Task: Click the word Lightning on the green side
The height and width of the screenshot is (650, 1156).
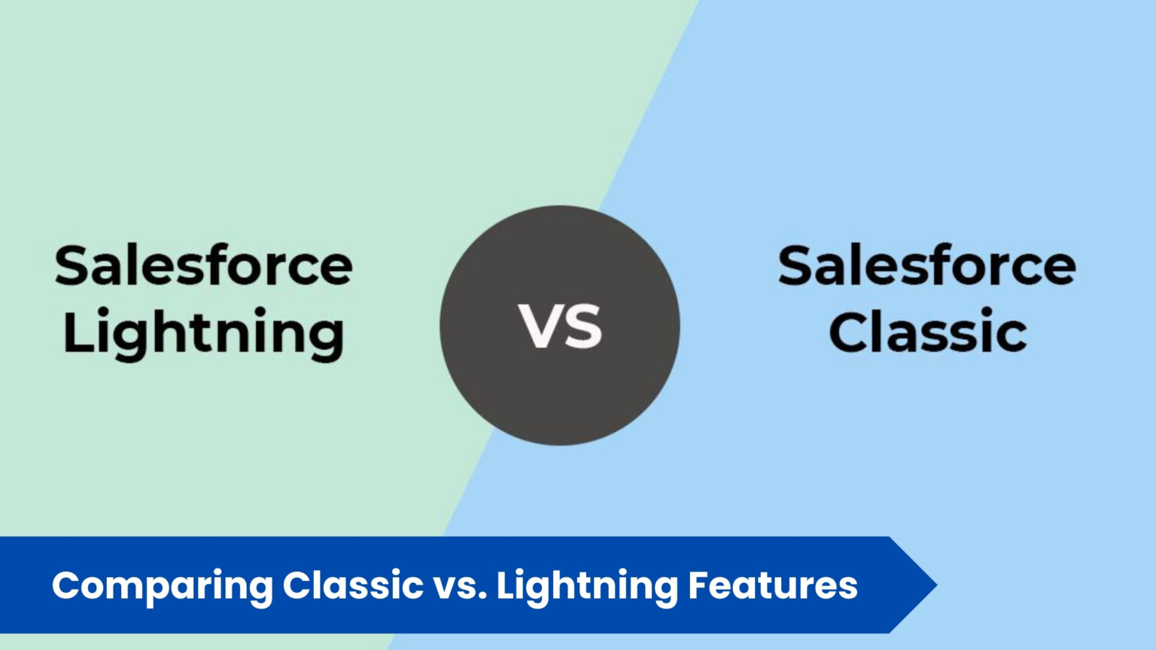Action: (x=203, y=333)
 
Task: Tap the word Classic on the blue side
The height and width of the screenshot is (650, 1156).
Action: (x=927, y=333)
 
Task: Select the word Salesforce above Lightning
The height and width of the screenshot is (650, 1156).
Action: (x=203, y=266)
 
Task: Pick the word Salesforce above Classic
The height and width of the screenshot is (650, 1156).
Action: (x=927, y=266)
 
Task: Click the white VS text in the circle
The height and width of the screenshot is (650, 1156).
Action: (x=560, y=327)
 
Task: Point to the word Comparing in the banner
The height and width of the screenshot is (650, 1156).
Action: (x=162, y=586)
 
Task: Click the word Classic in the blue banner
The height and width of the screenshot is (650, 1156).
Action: (x=353, y=585)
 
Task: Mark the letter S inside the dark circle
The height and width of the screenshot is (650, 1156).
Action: (x=583, y=327)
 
